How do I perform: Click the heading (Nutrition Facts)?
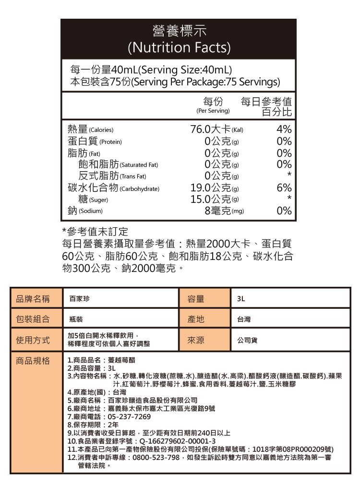pos(179,48)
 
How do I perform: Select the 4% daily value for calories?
pos(284,129)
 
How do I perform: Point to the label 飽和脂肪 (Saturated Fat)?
pos(118,164)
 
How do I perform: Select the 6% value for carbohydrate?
pos(284,188)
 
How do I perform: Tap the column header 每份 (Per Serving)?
pos(213,105)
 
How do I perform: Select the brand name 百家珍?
pos(79,299)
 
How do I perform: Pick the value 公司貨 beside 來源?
pos(247,340)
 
